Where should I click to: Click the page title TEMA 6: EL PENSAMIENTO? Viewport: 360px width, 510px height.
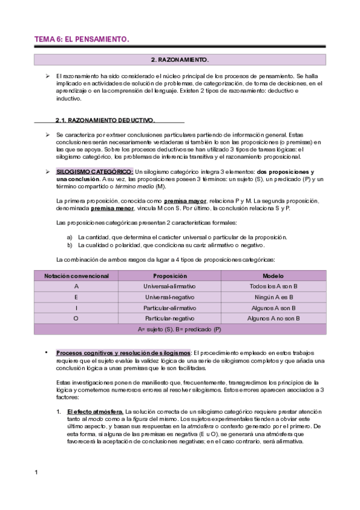81,40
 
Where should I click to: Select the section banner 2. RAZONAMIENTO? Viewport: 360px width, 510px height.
180,60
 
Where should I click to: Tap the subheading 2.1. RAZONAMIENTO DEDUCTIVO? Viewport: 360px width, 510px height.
105,120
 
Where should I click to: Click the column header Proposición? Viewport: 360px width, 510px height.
170,275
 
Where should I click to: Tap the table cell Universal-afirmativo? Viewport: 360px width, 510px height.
170,286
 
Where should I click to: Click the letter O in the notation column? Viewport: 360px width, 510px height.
76,319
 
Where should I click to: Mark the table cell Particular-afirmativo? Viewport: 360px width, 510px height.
170,308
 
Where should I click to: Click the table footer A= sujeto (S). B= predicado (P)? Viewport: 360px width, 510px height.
180,330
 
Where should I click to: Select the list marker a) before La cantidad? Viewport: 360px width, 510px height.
70,237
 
